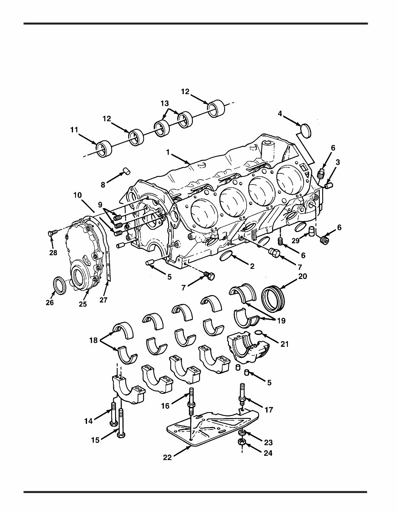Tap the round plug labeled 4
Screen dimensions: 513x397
pyautogui.click(x=306, y=130)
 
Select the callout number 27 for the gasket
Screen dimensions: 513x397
pyautogui.click(x=104, y=300)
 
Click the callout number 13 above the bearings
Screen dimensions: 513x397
pyautogui.click(x=164, y=103)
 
